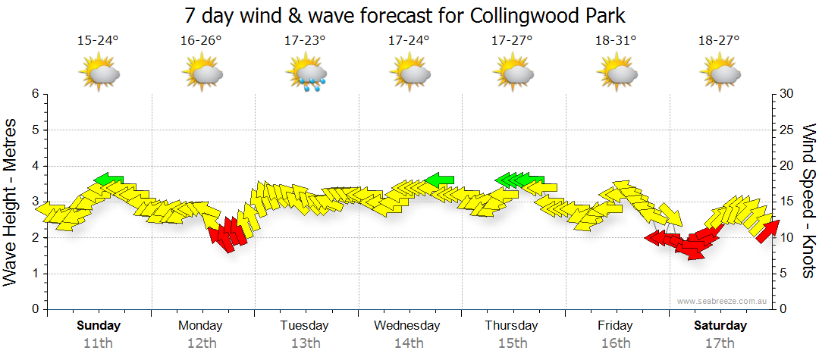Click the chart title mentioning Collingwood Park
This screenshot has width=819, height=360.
[409, 15]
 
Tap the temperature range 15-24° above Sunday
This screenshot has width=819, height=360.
[98, 40]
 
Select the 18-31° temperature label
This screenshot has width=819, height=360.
[616, 40]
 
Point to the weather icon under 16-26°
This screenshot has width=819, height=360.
[202, 74]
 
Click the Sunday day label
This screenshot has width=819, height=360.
[99, 326]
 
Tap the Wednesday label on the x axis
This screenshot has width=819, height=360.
[408, 326]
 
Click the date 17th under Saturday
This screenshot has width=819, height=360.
[720, 343]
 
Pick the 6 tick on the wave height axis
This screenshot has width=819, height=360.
[35, 94]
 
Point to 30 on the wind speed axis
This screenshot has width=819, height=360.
[786, 94]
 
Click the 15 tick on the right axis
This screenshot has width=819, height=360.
[786, 202]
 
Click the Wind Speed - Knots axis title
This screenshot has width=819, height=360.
[808, 201]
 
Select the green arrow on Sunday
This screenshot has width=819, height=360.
[108, 179]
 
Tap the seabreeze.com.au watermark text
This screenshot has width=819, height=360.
[723, 301]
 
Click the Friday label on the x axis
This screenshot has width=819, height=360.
[615, 326]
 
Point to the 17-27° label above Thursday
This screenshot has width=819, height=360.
[513, 40]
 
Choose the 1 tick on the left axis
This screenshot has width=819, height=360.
[35, 274]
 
